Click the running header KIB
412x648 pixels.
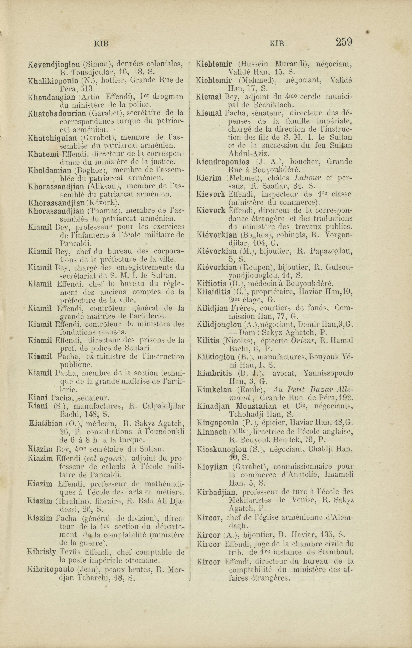point(101,44)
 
